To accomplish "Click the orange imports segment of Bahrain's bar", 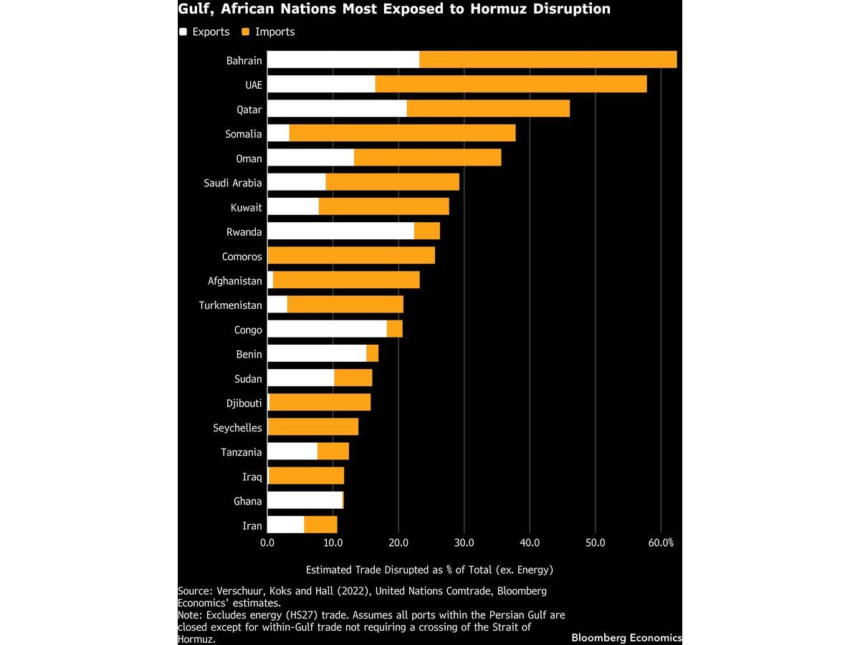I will pyautogui.click(x=548, y=60).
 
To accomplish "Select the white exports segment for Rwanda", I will pyautogui.click(x=340, y=231).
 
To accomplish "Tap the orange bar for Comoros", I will pyautogui.click(x=350, y=256).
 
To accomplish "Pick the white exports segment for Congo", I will pyautogui.click(x=327, y=329).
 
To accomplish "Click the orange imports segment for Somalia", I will pyautogui.click(x=402, y=133).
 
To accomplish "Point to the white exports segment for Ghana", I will pyautogui.click(x=305, y=500).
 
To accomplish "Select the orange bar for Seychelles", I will pyautogui.click(x=312, y=427).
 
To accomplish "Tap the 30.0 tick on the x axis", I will pyautogui.click(x=464, y=543).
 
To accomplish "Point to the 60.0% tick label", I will pyautogui.click(x=660, y=543).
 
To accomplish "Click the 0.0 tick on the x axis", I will pyautogui.click(x=267, y=543).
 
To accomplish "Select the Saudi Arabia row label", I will pyautogui.click(x=233, y=183).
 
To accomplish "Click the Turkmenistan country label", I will pyautogui.click(x=231, y=305).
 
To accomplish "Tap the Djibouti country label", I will pyautogui.click(x=244, y=403).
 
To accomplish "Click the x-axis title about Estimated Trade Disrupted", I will pyautogui.click(x=429, y=570).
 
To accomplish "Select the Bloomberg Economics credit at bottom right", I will pyautogui.click(x=626, y=637).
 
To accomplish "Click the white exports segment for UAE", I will pyautogui.click(x=321, y=85).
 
